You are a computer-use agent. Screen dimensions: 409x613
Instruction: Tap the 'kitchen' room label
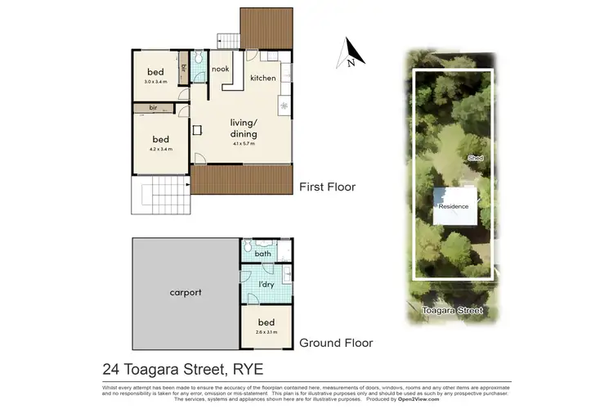point(263,78)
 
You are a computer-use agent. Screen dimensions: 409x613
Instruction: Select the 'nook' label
point(220,70)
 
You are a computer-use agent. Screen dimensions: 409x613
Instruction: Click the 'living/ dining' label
point(244,128)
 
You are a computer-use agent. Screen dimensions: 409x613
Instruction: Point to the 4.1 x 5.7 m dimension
point(244,143)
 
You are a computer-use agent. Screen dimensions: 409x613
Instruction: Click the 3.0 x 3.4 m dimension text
point(155,82)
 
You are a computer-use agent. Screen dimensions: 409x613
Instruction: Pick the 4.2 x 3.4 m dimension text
point(161,149)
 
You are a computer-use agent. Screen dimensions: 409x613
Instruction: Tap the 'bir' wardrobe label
point(153,108)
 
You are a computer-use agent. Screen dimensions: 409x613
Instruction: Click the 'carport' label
point(186,292)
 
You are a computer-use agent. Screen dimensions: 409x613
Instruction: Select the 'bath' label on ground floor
point(262,254)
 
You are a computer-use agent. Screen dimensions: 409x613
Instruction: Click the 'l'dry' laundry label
point(266,284)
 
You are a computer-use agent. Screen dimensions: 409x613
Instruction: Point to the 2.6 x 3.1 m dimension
point(266,332)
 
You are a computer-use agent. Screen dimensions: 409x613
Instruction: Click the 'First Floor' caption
point(328,187)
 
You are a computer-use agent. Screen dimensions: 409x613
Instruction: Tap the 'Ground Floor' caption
point(337,343)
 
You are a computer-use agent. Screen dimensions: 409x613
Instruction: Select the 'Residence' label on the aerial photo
point(454,206)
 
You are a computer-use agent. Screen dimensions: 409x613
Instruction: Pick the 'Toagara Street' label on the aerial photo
point(453,311)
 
